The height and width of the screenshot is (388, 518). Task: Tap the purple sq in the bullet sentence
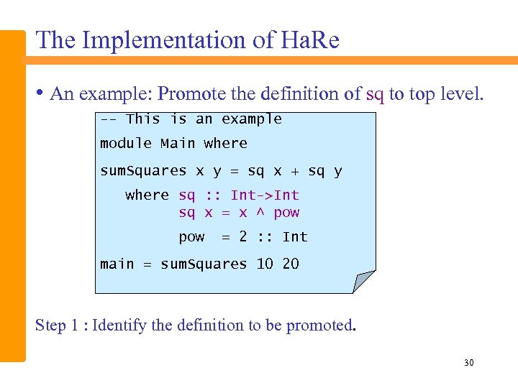point(375,94)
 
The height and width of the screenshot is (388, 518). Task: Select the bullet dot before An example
point(40,93)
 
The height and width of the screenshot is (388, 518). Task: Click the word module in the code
point(126,144)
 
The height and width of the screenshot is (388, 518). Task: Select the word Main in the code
point(178,144)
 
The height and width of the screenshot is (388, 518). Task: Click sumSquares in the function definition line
point(143,171)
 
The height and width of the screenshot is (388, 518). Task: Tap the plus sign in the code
point(295,172)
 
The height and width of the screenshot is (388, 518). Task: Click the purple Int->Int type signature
point(265,195)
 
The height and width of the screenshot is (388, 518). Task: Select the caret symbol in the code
point(260,213)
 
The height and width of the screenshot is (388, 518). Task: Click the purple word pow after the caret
point(286,213)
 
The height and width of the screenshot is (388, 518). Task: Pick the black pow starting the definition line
point(191,238)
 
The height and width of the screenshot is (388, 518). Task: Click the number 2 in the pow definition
point(243,236)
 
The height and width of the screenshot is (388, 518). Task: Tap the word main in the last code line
point(117,264)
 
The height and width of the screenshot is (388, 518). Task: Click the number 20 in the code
point(291,264)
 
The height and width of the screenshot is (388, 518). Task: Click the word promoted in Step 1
point(319,326)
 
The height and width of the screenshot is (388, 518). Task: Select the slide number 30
point(468,364)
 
